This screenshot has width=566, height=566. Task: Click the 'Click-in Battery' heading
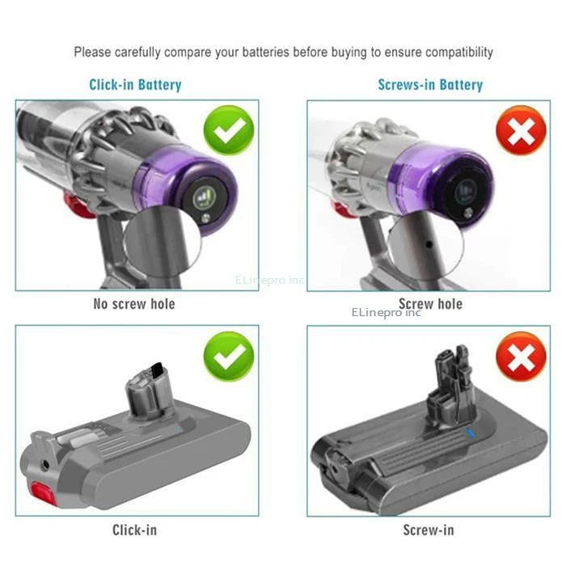click(136, 84)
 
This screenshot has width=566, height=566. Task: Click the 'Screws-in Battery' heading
click(430, 84)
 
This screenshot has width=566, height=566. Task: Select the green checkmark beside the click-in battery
click(229, 356)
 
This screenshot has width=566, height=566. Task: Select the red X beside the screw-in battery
click(522, 356)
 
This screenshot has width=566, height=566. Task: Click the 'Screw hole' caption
click(432, 304)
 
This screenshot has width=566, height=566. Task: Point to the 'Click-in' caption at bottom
click(134, 530)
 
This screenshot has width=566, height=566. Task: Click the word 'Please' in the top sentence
click(92, 52)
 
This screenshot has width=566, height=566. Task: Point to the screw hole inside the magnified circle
click(425, 241)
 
